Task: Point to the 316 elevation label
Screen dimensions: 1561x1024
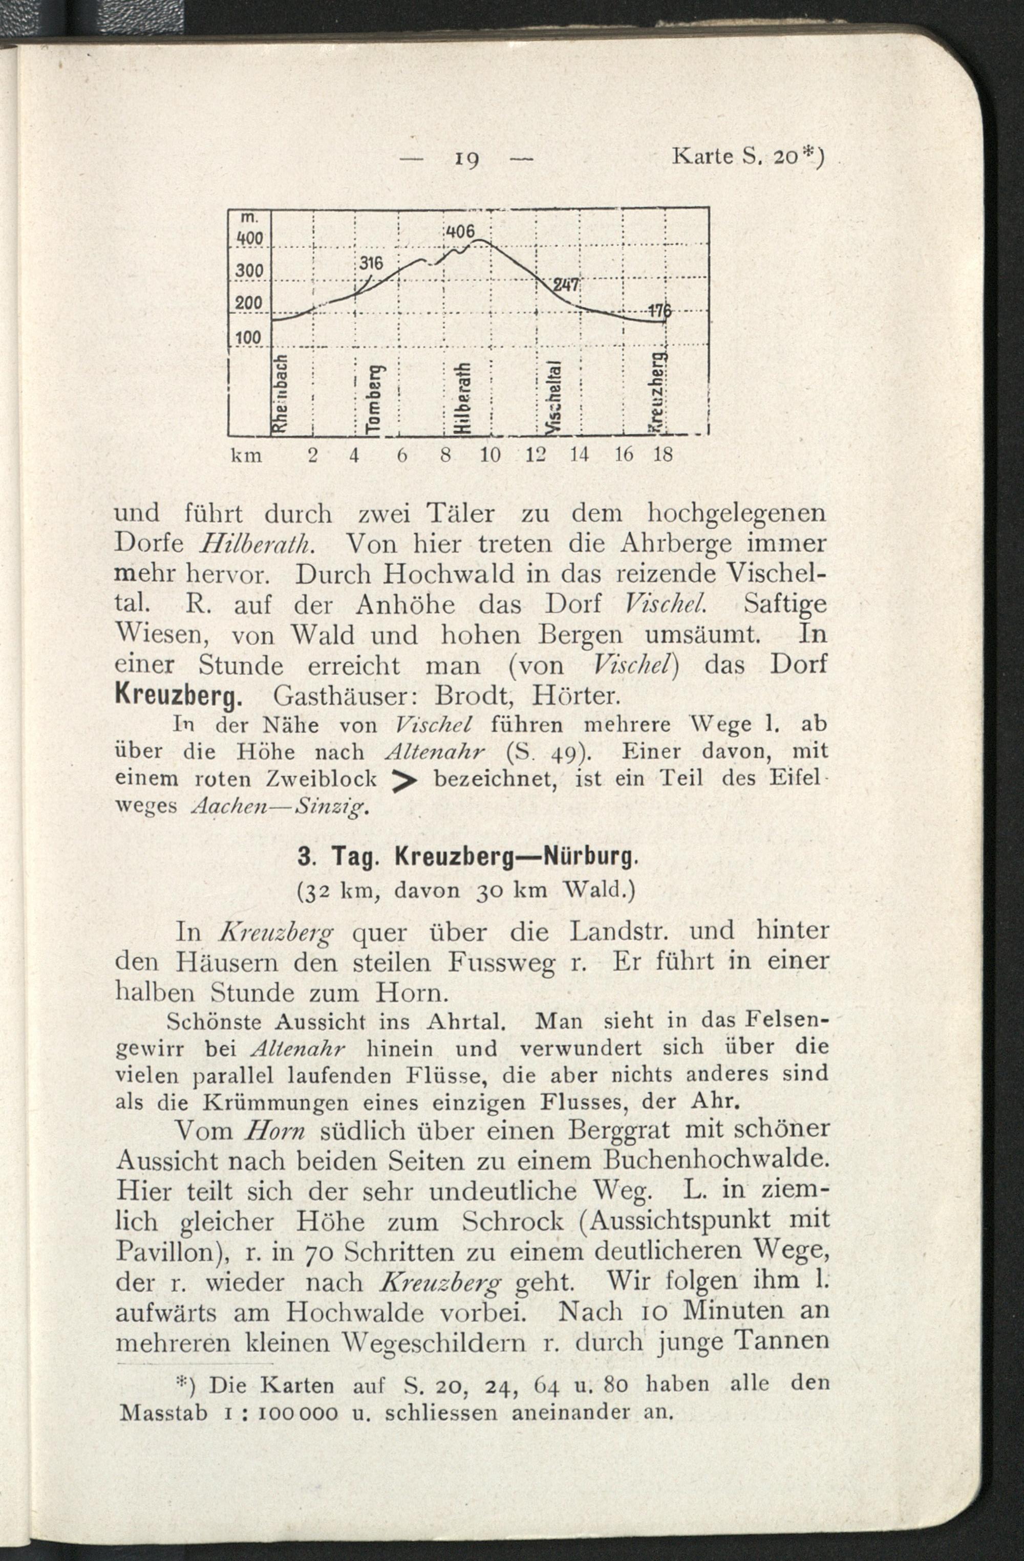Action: [x=370, y=264]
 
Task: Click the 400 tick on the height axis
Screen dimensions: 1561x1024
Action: [x=250, y=239]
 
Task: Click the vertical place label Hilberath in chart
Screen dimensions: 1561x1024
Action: [x=462, y=398]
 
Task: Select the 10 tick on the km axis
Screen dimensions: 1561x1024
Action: [x=490, y=454]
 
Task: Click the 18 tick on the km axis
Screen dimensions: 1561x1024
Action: [x=663, y=454]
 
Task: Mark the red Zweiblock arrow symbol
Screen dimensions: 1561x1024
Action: [x=405, y=780]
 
